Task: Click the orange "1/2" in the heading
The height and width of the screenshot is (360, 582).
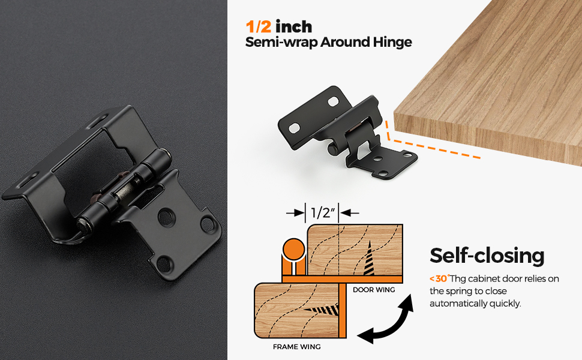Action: [x=258, y=26]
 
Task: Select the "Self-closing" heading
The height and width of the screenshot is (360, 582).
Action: [x=487, y=256]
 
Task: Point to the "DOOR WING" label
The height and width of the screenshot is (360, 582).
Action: [x=374, y=290]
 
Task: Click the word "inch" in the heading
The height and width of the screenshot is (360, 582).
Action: [x=294, y=26]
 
